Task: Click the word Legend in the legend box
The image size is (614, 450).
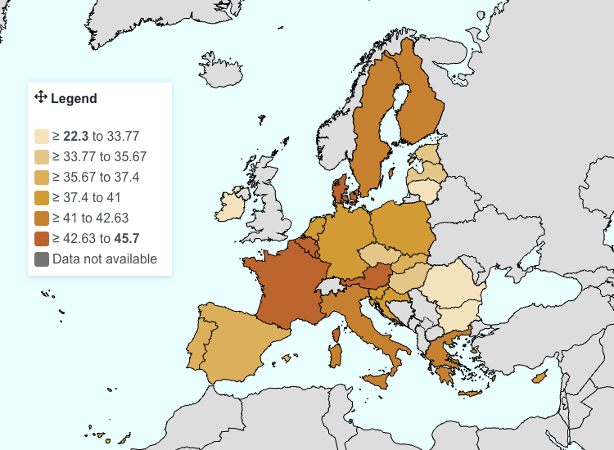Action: [x=74, y=99]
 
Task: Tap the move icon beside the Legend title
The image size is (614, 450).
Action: [x=40, y=97]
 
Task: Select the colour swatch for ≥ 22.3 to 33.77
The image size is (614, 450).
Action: [x=42, y=137]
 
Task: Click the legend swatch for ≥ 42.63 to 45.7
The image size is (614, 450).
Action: [x=42, y=239]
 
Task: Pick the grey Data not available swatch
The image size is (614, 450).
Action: [x=42, y=259]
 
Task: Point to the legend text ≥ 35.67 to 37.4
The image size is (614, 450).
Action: [x=96, y=178]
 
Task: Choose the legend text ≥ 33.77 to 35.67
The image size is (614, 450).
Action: [x=99, y=157]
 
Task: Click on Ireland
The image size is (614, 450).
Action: [x=233, y=205]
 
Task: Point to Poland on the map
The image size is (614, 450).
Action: [x=401, y=225]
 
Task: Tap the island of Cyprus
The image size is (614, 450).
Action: [x=539, y=377]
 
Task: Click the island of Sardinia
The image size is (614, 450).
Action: [x=335, y=354]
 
